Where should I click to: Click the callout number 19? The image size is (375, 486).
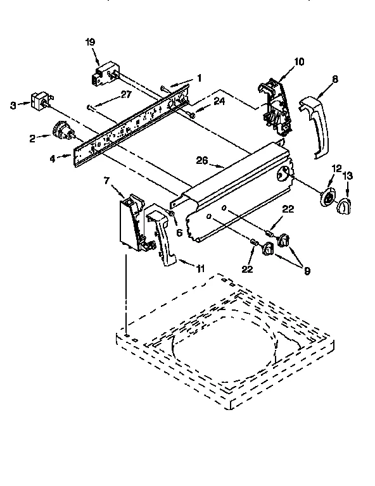(x=90, y=42)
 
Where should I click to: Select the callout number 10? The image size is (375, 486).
(x=298, y=61)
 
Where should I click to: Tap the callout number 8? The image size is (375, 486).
(x=334, y=79)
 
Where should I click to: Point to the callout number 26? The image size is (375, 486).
(x=201, y=161)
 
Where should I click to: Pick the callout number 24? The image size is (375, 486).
(x=220, y=100)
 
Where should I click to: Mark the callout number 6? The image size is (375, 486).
(x=179, y=232)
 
